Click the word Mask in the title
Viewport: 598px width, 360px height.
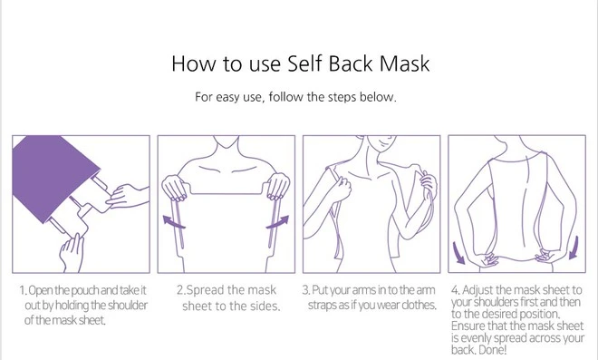tap(404, 63)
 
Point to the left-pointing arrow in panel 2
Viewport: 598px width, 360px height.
tap(174, 222)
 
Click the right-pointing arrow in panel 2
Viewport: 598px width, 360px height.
tap(277, 222)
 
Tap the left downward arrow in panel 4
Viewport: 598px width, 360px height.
tap(458, 253)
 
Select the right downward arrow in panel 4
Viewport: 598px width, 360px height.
tap(574, 248)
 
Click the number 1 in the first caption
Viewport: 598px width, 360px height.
tap(23, 290)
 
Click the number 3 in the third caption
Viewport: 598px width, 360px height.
tap(306, 290)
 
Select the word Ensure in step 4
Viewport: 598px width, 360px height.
tap(465, 326)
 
